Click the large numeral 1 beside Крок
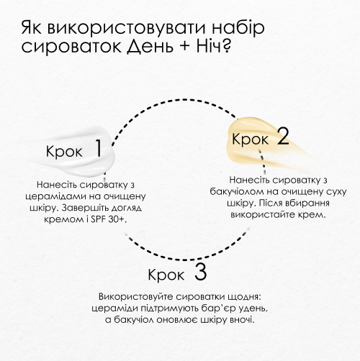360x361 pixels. pyautogui.click(x=99, y=148)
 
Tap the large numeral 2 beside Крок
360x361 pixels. pyautogui.click(x=283, y=136)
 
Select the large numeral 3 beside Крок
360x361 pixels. pyautogui.click(x=200, y=271)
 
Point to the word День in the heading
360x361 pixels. pyautogui.click(x=149, y=46)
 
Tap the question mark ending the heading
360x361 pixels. pyautogui.click(x=225, y=45)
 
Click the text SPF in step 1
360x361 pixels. pyautogui.click(x=97, y=219)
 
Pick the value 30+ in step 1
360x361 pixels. pyautogui.click(x=116, y=219)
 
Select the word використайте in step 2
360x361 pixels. pyautogui.click(x=263, y=214)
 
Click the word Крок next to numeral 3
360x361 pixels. pyautogui.click(x=166, y=275)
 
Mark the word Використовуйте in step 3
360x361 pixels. pyautogui.click(x=135, y=297)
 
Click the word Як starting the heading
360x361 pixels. pyautogui.click(x=32, y=28)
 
